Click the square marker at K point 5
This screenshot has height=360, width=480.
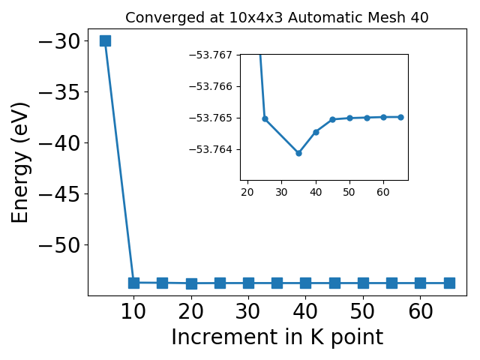tap(105, 40)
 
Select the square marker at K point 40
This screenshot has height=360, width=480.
tap(305, 283)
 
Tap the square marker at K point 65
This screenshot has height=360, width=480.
tap(449, 283)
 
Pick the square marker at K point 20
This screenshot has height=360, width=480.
tap(191, 283)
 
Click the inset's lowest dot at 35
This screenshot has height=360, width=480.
tap(298, 153)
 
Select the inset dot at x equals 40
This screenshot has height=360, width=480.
tap(316, 132)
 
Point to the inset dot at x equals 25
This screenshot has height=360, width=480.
tap(265, 118)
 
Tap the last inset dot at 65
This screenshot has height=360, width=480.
tap(400, 117)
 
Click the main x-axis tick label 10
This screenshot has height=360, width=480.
tap(133, 312)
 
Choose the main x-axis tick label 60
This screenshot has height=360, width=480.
tap(421, 312)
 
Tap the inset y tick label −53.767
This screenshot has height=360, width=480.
tap(211, 55)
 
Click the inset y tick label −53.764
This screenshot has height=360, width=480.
tap(211, 150)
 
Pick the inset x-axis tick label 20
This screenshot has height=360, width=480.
tap(247, 192)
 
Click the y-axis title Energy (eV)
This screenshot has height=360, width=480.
tap(20, 163)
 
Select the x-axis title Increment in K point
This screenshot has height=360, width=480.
tap(277, 337)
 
